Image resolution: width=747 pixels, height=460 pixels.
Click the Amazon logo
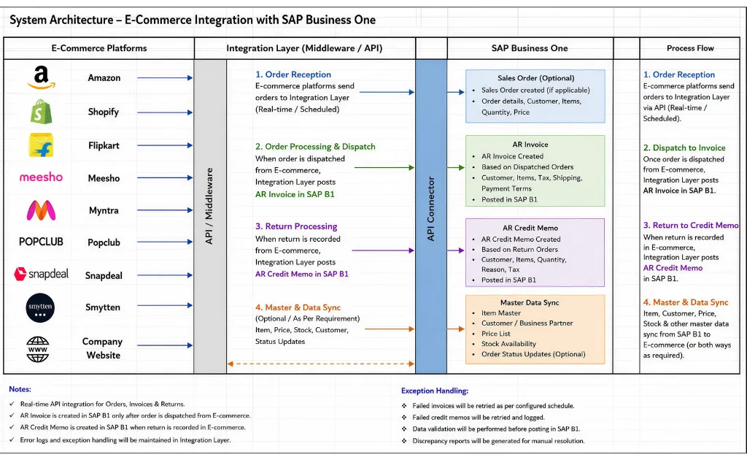coord(42,77)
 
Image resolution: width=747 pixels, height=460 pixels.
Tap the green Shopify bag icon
coord(42,112)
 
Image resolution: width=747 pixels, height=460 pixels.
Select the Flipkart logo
coord(41,145)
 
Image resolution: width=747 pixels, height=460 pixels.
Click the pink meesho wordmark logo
coord(41,177)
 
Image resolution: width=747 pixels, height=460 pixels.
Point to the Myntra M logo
coord(41,210)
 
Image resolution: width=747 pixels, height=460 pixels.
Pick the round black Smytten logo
coord(40,308)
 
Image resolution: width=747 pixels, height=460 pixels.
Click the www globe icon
coord(38,350)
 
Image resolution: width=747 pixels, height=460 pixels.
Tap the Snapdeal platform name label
coord(104,275)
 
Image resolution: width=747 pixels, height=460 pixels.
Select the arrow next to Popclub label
coord(165,242)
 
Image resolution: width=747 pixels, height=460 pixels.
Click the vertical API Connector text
coord(430,209)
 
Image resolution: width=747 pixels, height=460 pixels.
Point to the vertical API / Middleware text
coord(209,206)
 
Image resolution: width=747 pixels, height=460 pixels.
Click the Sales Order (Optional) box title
coord(536,78)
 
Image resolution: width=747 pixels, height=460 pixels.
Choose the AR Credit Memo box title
coord(530,228)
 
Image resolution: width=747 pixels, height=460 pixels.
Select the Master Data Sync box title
coord(530,303)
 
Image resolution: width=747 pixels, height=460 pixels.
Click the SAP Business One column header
coord(530,48)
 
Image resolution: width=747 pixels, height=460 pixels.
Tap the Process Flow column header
coord(690,48)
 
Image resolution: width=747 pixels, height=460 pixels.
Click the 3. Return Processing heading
coord(296,226)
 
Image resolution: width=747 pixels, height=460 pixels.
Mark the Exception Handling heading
coord(435,391)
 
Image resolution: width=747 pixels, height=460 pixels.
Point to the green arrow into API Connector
coord(384,168)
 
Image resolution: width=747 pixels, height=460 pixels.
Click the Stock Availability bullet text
coord(508,344)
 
